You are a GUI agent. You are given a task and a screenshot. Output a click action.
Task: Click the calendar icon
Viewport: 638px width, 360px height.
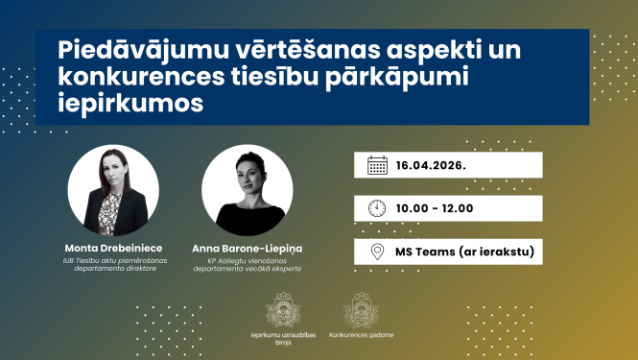377,165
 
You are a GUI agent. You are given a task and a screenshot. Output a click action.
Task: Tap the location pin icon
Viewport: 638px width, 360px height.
377,252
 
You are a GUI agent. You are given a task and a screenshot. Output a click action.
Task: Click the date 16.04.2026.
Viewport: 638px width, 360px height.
431,165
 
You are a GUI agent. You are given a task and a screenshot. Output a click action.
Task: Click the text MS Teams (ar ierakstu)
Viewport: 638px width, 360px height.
464,252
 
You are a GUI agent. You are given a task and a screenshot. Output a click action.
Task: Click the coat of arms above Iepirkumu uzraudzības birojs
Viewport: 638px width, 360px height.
285,310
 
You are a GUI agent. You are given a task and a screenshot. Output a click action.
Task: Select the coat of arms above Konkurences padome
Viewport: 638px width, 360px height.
361,310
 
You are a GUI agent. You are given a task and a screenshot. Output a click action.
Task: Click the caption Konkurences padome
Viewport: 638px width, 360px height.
361,335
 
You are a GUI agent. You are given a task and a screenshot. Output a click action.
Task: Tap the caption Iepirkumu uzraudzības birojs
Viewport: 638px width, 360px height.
285,339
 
